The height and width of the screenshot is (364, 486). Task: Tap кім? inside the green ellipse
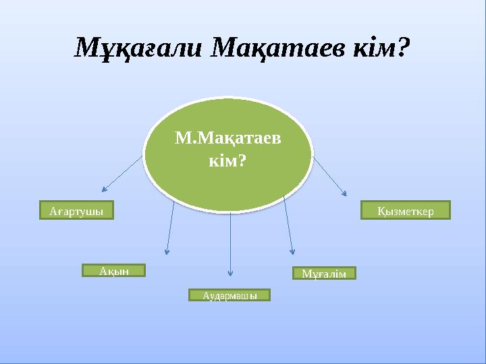[x=229, y=162]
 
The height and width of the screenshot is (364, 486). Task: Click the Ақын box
[x=114, y=270]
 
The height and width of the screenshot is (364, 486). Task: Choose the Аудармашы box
[x=228, y=295]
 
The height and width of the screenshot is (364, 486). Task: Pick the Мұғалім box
[x=324, y=273]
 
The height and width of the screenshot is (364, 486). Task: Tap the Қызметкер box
[x=405, y=211]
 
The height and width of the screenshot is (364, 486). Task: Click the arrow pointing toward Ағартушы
[x=123, y=173]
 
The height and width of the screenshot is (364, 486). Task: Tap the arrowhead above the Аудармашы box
[x=231, y=273]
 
